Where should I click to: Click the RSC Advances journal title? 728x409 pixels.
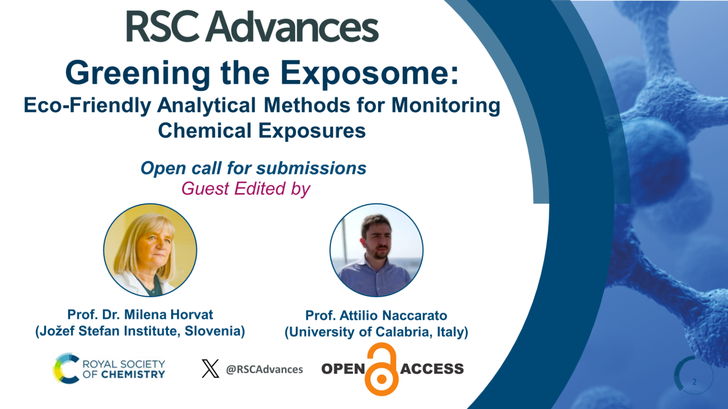[252, 27]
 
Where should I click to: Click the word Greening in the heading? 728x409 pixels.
[137, 73]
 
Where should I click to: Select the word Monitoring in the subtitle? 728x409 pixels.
[446, 105]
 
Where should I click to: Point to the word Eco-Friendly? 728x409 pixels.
[87, 105]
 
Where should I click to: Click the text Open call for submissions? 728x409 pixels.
[253, 168]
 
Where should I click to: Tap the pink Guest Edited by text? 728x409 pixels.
[246, 188]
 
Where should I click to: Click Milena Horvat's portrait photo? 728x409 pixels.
[150, 250]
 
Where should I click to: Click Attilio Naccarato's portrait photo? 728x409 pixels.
[376, 250]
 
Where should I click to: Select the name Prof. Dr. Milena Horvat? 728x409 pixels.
[140, 314]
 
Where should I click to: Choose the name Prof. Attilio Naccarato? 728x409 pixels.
[376, 315]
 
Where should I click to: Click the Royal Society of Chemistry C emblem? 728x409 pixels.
[65, 368]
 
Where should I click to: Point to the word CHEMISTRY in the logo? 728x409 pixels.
[133, 374]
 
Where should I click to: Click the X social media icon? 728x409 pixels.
[210, 369]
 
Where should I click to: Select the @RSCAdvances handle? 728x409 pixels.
[264, 369]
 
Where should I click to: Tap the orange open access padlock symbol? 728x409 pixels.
[382, 370]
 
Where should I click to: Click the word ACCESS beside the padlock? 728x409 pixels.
[432, 369]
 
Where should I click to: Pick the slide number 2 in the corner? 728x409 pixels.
[694, 382]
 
